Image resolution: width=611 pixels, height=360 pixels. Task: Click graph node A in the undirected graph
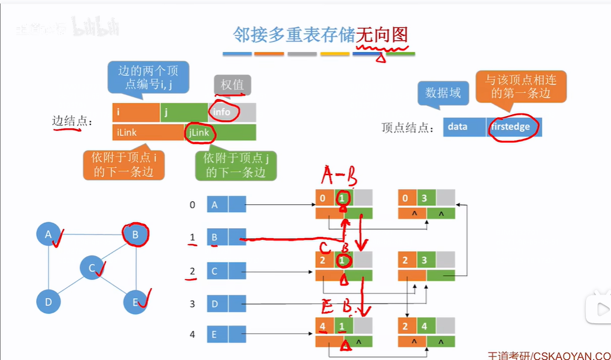coord(48,235)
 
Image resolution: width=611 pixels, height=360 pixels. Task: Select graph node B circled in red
coord(135,235)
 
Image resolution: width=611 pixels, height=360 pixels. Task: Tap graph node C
coord(92,267)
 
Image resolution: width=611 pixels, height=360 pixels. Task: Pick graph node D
coord(48,302)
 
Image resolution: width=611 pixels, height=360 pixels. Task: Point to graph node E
coord(135,302)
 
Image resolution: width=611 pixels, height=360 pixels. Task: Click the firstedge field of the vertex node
coord(514,127)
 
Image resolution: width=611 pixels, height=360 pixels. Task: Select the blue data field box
coord(464,127)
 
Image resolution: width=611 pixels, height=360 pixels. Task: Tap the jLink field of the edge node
coord(221,132)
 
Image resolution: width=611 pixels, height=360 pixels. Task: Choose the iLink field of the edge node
coord(148,132)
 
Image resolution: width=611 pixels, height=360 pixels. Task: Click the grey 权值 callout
coord(232,85)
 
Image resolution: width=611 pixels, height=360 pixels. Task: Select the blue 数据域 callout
coord(443,93)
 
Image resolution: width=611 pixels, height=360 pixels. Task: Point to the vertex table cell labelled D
coord(218,305)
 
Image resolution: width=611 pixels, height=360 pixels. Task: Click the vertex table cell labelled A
coord(218,205)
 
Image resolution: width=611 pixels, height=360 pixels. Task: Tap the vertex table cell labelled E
coord(218,335)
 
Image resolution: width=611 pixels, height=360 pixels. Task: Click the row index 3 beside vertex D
coord(192,305)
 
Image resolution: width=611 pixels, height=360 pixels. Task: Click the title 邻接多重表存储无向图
coord(319,35)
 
